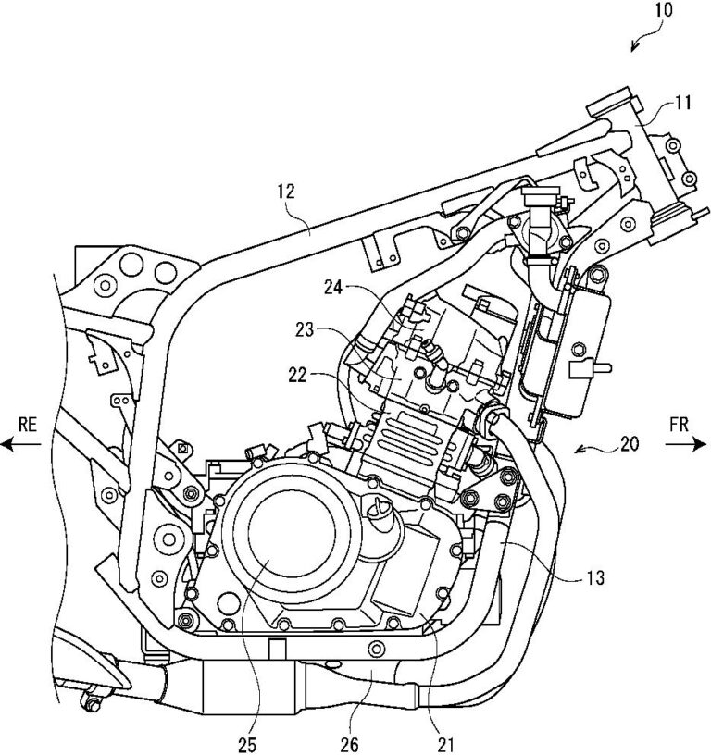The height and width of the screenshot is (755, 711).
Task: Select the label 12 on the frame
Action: click(x=285, y=193)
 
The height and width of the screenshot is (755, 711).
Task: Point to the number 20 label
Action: click(x=629, y=442)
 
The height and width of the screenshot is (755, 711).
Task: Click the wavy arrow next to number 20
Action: click(x=592, y=448)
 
